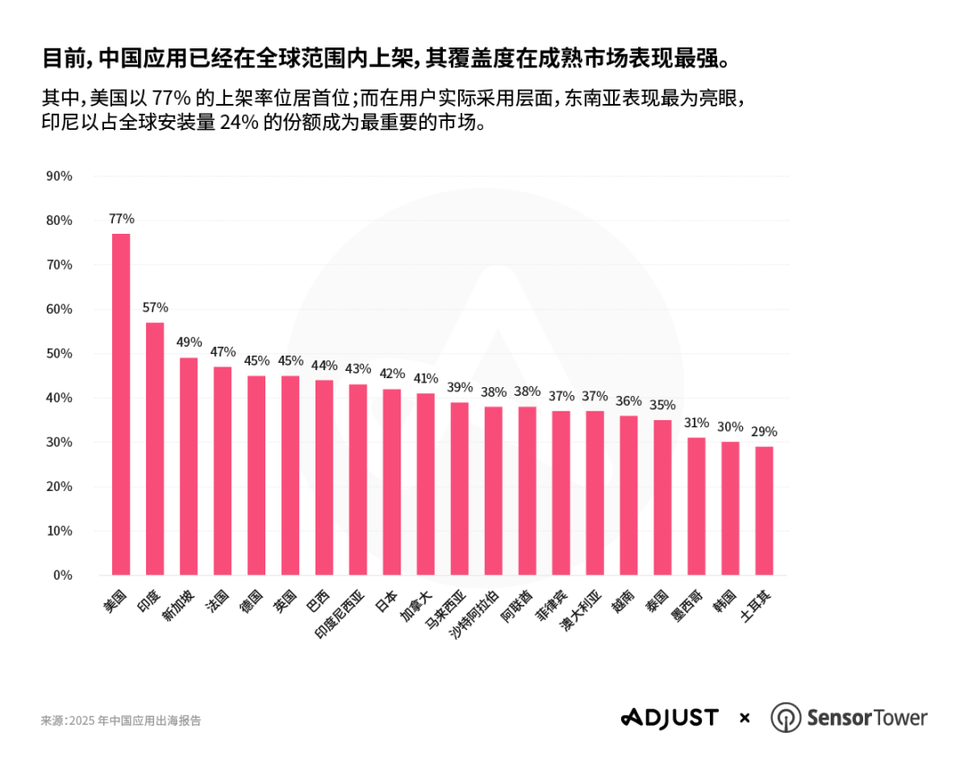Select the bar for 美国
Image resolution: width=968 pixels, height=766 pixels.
click(121, 404)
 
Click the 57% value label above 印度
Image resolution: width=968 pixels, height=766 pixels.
click(155, 307)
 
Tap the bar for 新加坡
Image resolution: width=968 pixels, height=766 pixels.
click(188, 466)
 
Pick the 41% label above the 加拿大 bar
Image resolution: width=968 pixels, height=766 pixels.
click(426, 378)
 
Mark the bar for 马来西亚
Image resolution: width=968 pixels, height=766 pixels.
click(459, 488)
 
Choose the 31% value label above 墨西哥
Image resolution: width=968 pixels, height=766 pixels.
click(696, 422)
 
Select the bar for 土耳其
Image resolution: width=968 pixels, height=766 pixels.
click(764, 511)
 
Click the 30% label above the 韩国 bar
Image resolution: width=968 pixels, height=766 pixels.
click(730, 426)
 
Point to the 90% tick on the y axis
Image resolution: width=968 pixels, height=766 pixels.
click(59, 176)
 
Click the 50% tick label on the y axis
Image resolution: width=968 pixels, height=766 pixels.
click(59, 354)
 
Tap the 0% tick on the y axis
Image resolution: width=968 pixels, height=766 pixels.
click(63, 575)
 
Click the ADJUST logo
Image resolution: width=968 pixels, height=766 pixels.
click(670, 718)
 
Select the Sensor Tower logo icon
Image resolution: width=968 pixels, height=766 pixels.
click(786, 718)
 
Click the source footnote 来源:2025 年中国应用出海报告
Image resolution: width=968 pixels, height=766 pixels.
click(121, 720)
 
